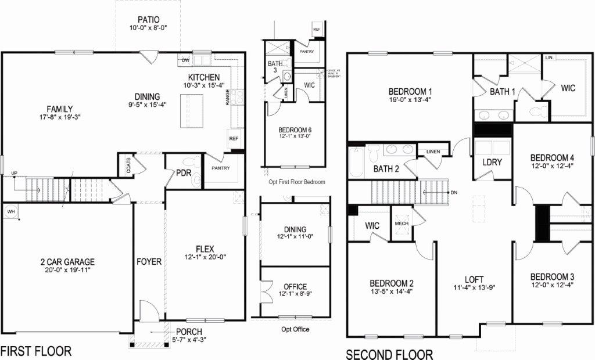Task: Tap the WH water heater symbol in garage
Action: click(11, 212)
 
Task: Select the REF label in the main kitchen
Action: click(234, 139)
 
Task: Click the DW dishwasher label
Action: click(186, 60)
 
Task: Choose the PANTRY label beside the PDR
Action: click(220, 168)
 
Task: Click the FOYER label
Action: click(149, 262)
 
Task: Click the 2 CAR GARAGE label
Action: click(64, 262)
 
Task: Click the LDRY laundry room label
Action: click(492, 162)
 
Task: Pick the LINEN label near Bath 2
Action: click(433, 152)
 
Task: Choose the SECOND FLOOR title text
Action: click(389, 354)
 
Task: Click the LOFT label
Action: click(474, 279)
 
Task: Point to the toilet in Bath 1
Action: click(539, 109)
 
